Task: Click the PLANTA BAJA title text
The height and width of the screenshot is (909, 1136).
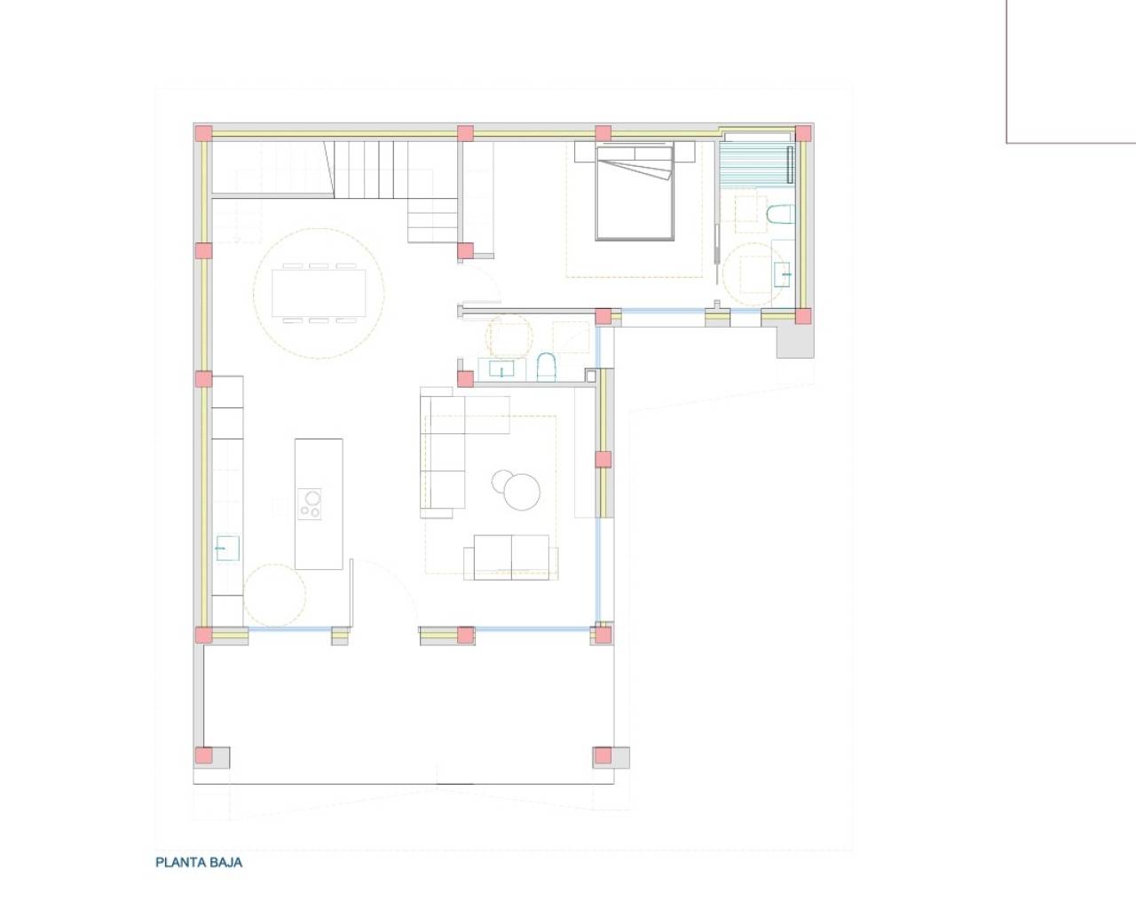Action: (199, 863)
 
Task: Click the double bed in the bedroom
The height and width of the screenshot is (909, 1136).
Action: (635, 193)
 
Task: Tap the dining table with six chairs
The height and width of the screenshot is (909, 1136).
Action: (319, 293)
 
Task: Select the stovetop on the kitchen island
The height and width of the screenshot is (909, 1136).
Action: (310, 504)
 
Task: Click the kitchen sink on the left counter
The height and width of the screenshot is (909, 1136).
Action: (227, 549)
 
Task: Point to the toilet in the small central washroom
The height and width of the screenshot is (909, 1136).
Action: (547, 367)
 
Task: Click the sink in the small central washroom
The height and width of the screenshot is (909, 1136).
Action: (501, 368)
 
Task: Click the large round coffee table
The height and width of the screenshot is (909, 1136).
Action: (522, 492)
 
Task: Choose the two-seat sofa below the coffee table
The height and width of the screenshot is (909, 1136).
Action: (511, 557)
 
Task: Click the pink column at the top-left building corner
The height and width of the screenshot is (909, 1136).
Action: (204, 133)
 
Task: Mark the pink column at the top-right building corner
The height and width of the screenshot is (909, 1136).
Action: (803, 133)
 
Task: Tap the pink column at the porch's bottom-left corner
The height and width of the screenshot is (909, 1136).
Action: (204, 755)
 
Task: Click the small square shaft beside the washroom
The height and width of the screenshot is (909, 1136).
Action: (591, 375)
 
